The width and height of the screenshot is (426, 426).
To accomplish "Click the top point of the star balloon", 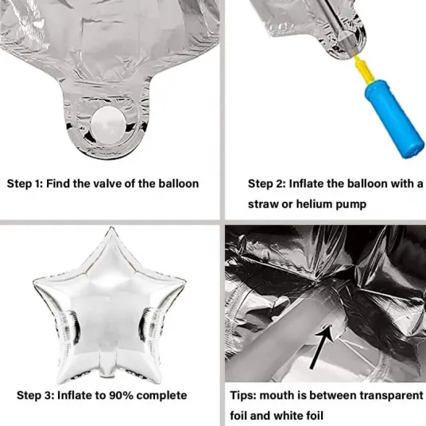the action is click(x=110, y=228).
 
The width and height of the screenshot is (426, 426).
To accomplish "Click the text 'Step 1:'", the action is click(x=25, y=184).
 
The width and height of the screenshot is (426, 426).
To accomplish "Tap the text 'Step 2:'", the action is click(x=266, y=184).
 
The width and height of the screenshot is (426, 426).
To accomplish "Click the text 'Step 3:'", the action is click(x=35, y=396).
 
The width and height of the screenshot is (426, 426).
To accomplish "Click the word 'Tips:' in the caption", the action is click(x=243, y=396).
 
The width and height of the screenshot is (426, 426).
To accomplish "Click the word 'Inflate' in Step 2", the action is click(x=306, y=184).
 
